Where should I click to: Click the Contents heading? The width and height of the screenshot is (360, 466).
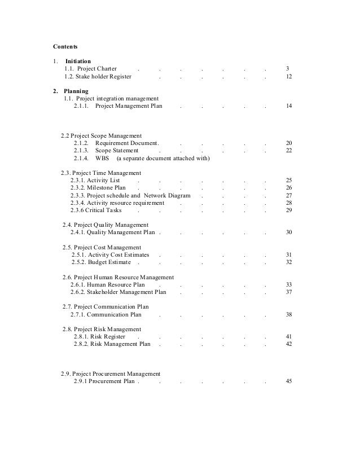click(x=65, y=46)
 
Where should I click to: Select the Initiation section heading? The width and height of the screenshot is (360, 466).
click(x=78, y=61)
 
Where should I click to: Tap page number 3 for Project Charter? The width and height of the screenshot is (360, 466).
click(x=287, y=68)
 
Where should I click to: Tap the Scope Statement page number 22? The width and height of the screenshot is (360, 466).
click(x=288, y=151)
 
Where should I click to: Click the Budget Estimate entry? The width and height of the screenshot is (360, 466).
click(x=102, y=262)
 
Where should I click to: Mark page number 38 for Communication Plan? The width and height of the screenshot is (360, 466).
click(x=288, y=314)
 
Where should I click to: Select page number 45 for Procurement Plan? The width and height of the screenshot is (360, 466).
click(x=288, y=381)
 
